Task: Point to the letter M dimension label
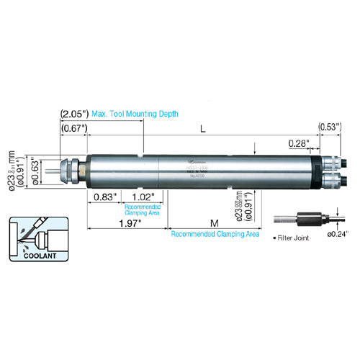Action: (215, 223)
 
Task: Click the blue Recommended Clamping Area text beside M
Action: (215, 234)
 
